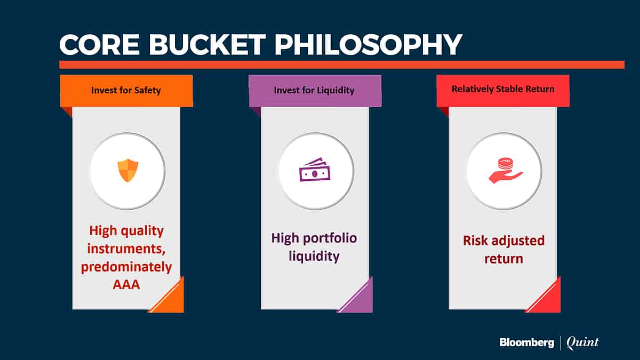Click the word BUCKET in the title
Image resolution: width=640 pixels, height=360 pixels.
click(207, 45)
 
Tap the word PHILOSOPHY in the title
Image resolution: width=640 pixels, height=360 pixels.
click(368, 45)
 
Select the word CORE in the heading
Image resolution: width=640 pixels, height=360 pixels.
click(99, 45)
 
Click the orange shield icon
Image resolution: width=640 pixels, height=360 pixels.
click(127, 170)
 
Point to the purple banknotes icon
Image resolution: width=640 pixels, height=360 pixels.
click(315, 170)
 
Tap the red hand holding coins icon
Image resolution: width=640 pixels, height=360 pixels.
click(506, 170)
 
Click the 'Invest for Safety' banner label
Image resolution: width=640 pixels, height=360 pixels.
click(126, 90)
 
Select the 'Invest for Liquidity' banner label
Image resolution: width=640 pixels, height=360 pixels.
click(314, 90)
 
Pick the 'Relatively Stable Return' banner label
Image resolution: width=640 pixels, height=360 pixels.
click(503, 89)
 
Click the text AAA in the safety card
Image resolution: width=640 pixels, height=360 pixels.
click(126, 285)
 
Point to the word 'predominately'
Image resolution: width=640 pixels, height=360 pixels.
click(126, 267)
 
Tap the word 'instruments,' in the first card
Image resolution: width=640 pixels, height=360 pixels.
click(126, 249)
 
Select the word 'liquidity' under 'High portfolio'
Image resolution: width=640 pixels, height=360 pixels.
click(314, 256)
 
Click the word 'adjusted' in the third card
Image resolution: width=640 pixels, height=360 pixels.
click(516, 241)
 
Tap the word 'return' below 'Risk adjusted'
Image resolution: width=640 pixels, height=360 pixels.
click(503, 259)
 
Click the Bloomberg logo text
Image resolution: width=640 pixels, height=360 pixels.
click(526, 342)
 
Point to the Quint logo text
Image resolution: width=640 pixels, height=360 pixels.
click(582, 342)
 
